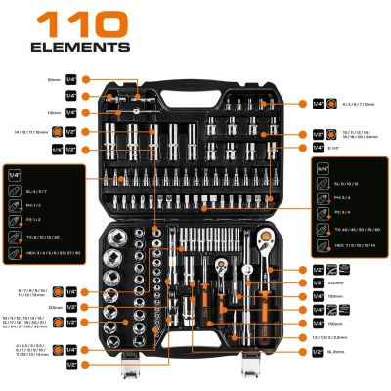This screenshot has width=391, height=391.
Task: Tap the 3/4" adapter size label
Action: click(332, 148)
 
